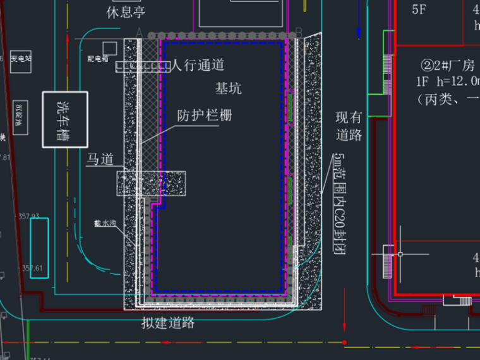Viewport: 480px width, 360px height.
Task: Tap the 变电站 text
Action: pyautogui.click(x=20, y=59)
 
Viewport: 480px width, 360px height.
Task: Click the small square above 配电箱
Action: pyautogui.click(x=109, y=47)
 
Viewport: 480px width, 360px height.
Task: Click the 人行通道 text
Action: pyautogui.click(x=198, y=64)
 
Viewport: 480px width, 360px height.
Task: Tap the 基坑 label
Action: pyautogui.click(x=228, y=88)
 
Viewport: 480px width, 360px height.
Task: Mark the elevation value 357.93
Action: pyautogui.click(x=30, y=216)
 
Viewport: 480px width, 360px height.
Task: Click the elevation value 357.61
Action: pyautogui.click(x=32, y=268)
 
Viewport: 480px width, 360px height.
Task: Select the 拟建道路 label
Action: pyautogui.click(x=168, y=324)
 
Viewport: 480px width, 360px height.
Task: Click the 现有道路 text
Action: pyautogui.click(x=349, y=126)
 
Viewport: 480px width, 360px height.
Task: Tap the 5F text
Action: pyautogui.click(x=419, y=9)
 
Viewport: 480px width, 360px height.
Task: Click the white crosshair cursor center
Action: pyautogui.click(x=399, y=255)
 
